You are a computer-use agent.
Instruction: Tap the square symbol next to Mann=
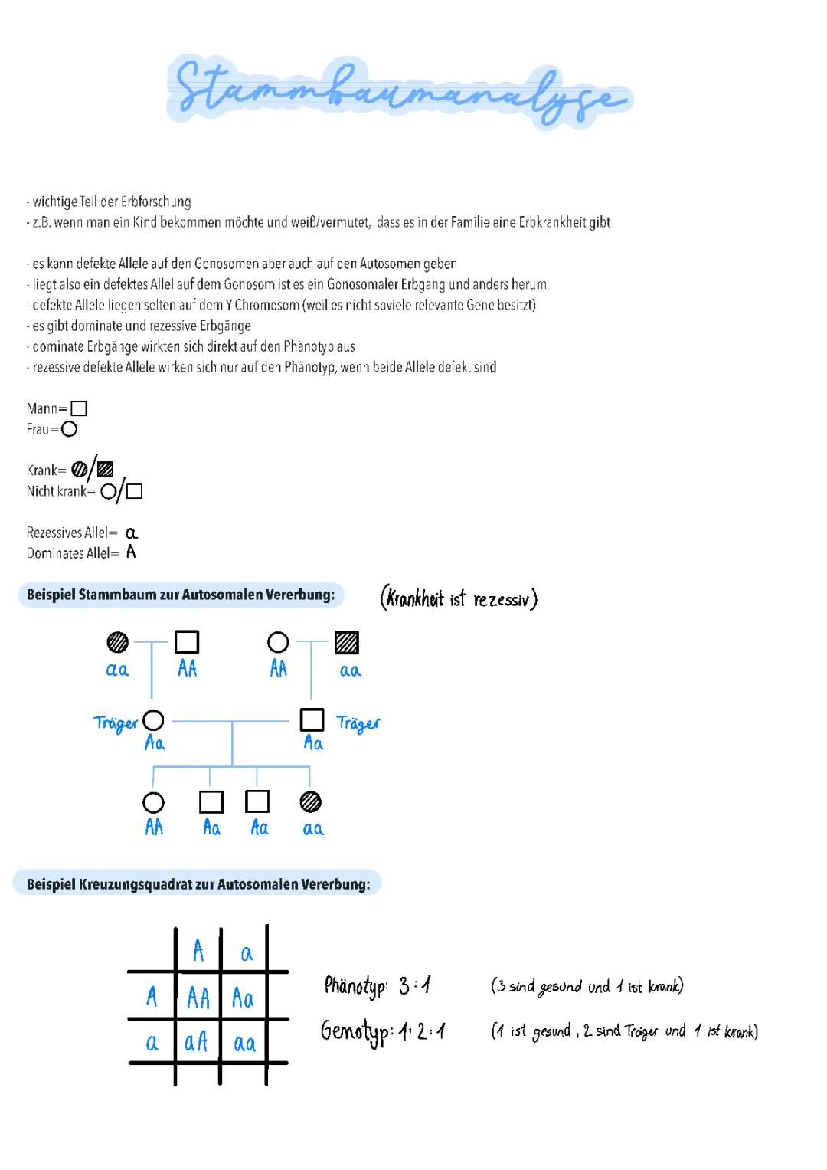[x=78, y=408]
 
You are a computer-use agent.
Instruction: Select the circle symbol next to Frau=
[x=69, y=429]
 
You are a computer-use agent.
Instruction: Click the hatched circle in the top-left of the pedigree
[x=117, y=642]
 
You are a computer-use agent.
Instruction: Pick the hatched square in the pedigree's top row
[x=347, y=643]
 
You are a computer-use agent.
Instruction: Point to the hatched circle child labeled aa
[x=310, y=801]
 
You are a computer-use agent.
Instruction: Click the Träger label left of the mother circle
[x=116, y=724]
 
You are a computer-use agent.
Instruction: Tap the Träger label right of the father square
[x=358, y=724]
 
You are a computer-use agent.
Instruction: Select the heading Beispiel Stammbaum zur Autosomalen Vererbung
[x=181, y=595]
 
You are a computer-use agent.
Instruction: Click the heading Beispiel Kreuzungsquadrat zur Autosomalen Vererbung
[x=198, y=884]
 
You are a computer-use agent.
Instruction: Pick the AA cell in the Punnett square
[x=198, y=998]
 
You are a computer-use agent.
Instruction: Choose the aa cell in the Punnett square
[x=244, y=1043]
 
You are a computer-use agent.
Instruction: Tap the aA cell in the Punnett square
[x=197, y=1043]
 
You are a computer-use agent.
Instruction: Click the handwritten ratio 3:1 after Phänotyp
[x=414, y=985]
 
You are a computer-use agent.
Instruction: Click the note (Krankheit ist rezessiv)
[x=459, y=598]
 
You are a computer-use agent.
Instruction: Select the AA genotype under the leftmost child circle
[x=154, y=828]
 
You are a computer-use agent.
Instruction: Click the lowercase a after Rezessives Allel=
[x=132, y=533]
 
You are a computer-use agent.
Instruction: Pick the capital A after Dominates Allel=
[x=131, y=552]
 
